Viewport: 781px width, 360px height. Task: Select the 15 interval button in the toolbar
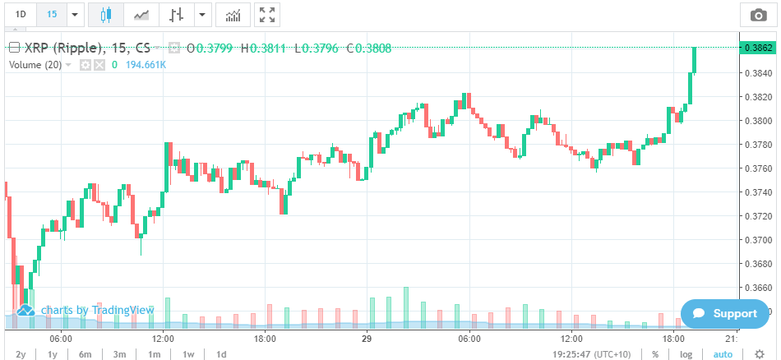52,15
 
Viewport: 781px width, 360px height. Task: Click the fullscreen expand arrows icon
266,15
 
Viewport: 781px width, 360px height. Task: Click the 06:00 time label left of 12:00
61,338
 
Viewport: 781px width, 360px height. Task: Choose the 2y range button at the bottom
21,354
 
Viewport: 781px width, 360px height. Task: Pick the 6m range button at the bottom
85,354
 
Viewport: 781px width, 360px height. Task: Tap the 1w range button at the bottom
187,354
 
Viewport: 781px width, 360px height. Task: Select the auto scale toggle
723,354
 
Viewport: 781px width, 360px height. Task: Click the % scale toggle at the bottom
655,354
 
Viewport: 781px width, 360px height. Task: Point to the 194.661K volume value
146,64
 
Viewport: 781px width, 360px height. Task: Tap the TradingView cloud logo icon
25,310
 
